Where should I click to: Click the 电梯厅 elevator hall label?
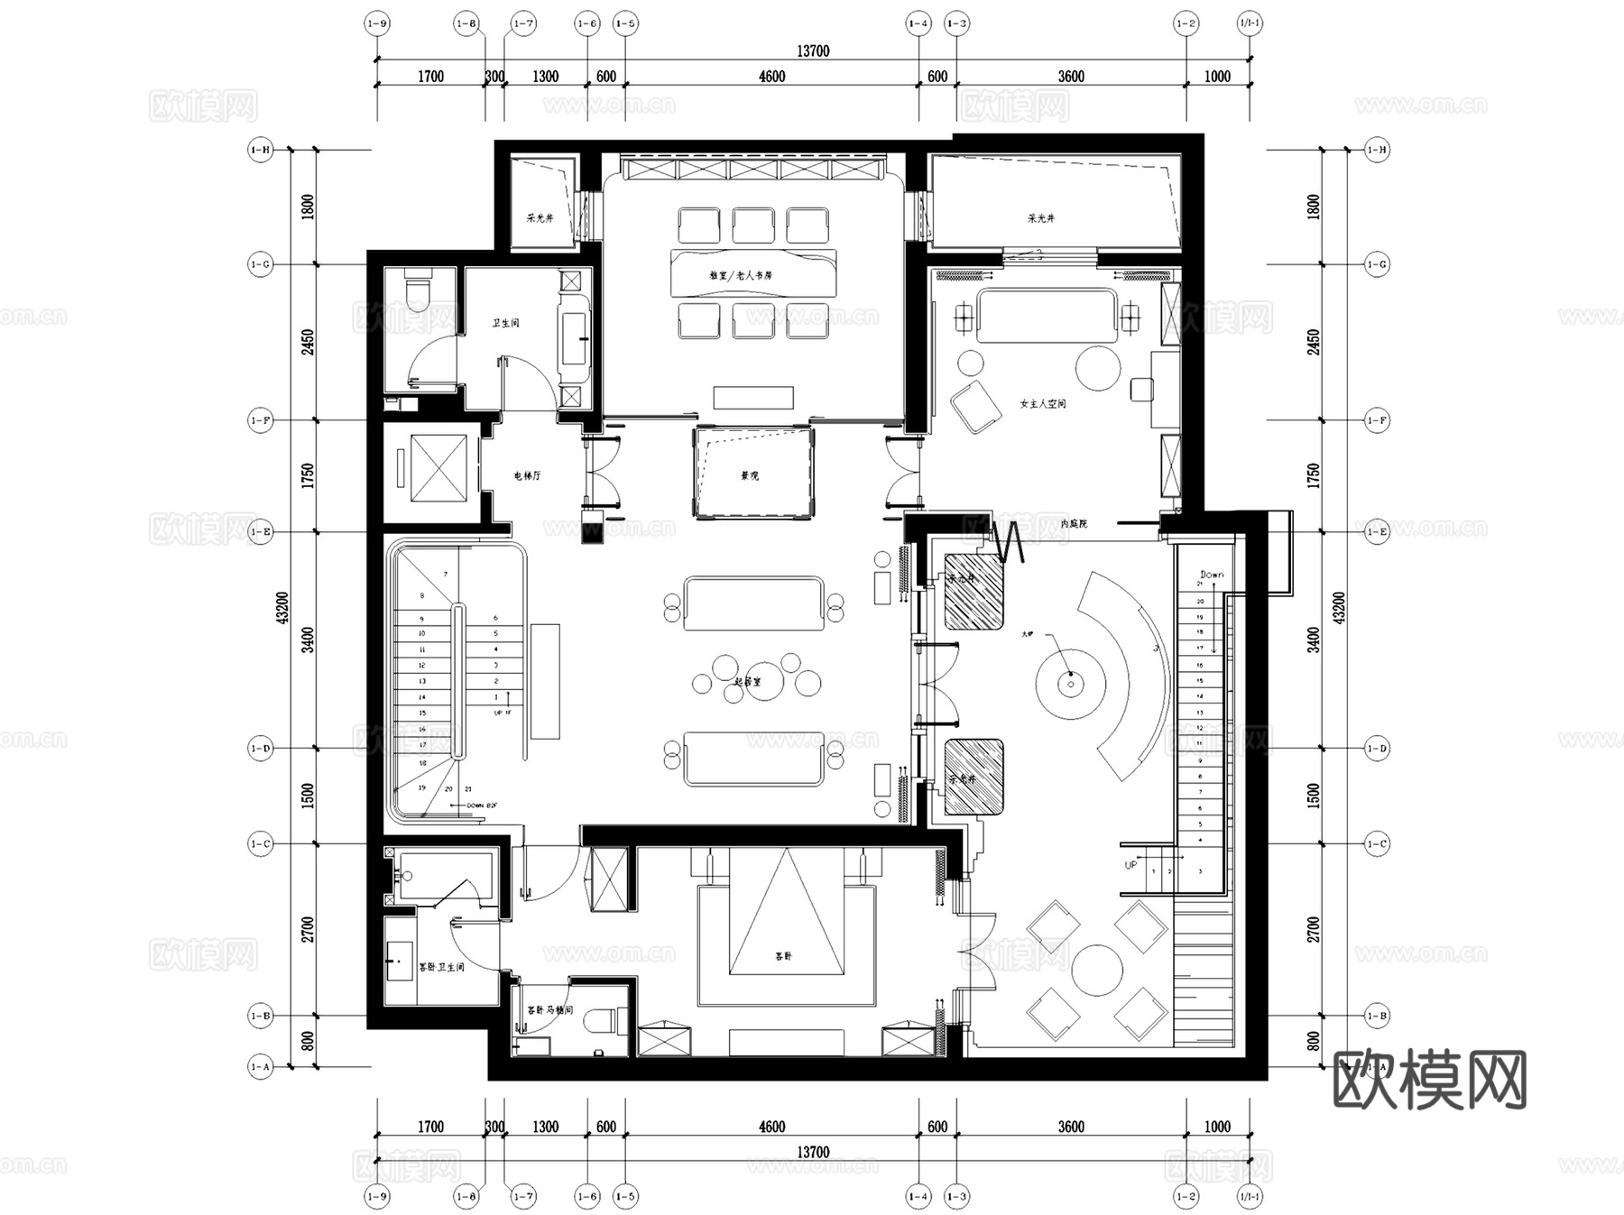(x=527, y=475)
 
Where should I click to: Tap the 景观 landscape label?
(x=750, y=475)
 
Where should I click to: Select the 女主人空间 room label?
(x=1042, y=403)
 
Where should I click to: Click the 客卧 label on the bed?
(x=783, y=955)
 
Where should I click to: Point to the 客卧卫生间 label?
(x=441, y=967)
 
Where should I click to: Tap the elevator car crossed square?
(x=438, y=467)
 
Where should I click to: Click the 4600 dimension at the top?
(x=771, y=77)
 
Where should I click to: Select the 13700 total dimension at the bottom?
(x=812, y=1152)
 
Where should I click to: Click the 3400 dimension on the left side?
(x=308, y=640)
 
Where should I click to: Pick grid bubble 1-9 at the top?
(x=377, y=23)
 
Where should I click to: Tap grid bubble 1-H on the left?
(x=260, y=150)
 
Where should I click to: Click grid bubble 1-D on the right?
(x=1377, y=748)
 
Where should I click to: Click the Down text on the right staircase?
(x=1212, y=575)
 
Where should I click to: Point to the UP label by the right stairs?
(x=1130, y=865)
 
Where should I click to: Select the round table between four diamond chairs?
(x=1097, y=970)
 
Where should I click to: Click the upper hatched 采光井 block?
(x=974, y=592)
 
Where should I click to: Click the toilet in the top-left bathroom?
(x=418, y=291)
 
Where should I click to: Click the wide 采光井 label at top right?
(x=1040, y=218)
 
